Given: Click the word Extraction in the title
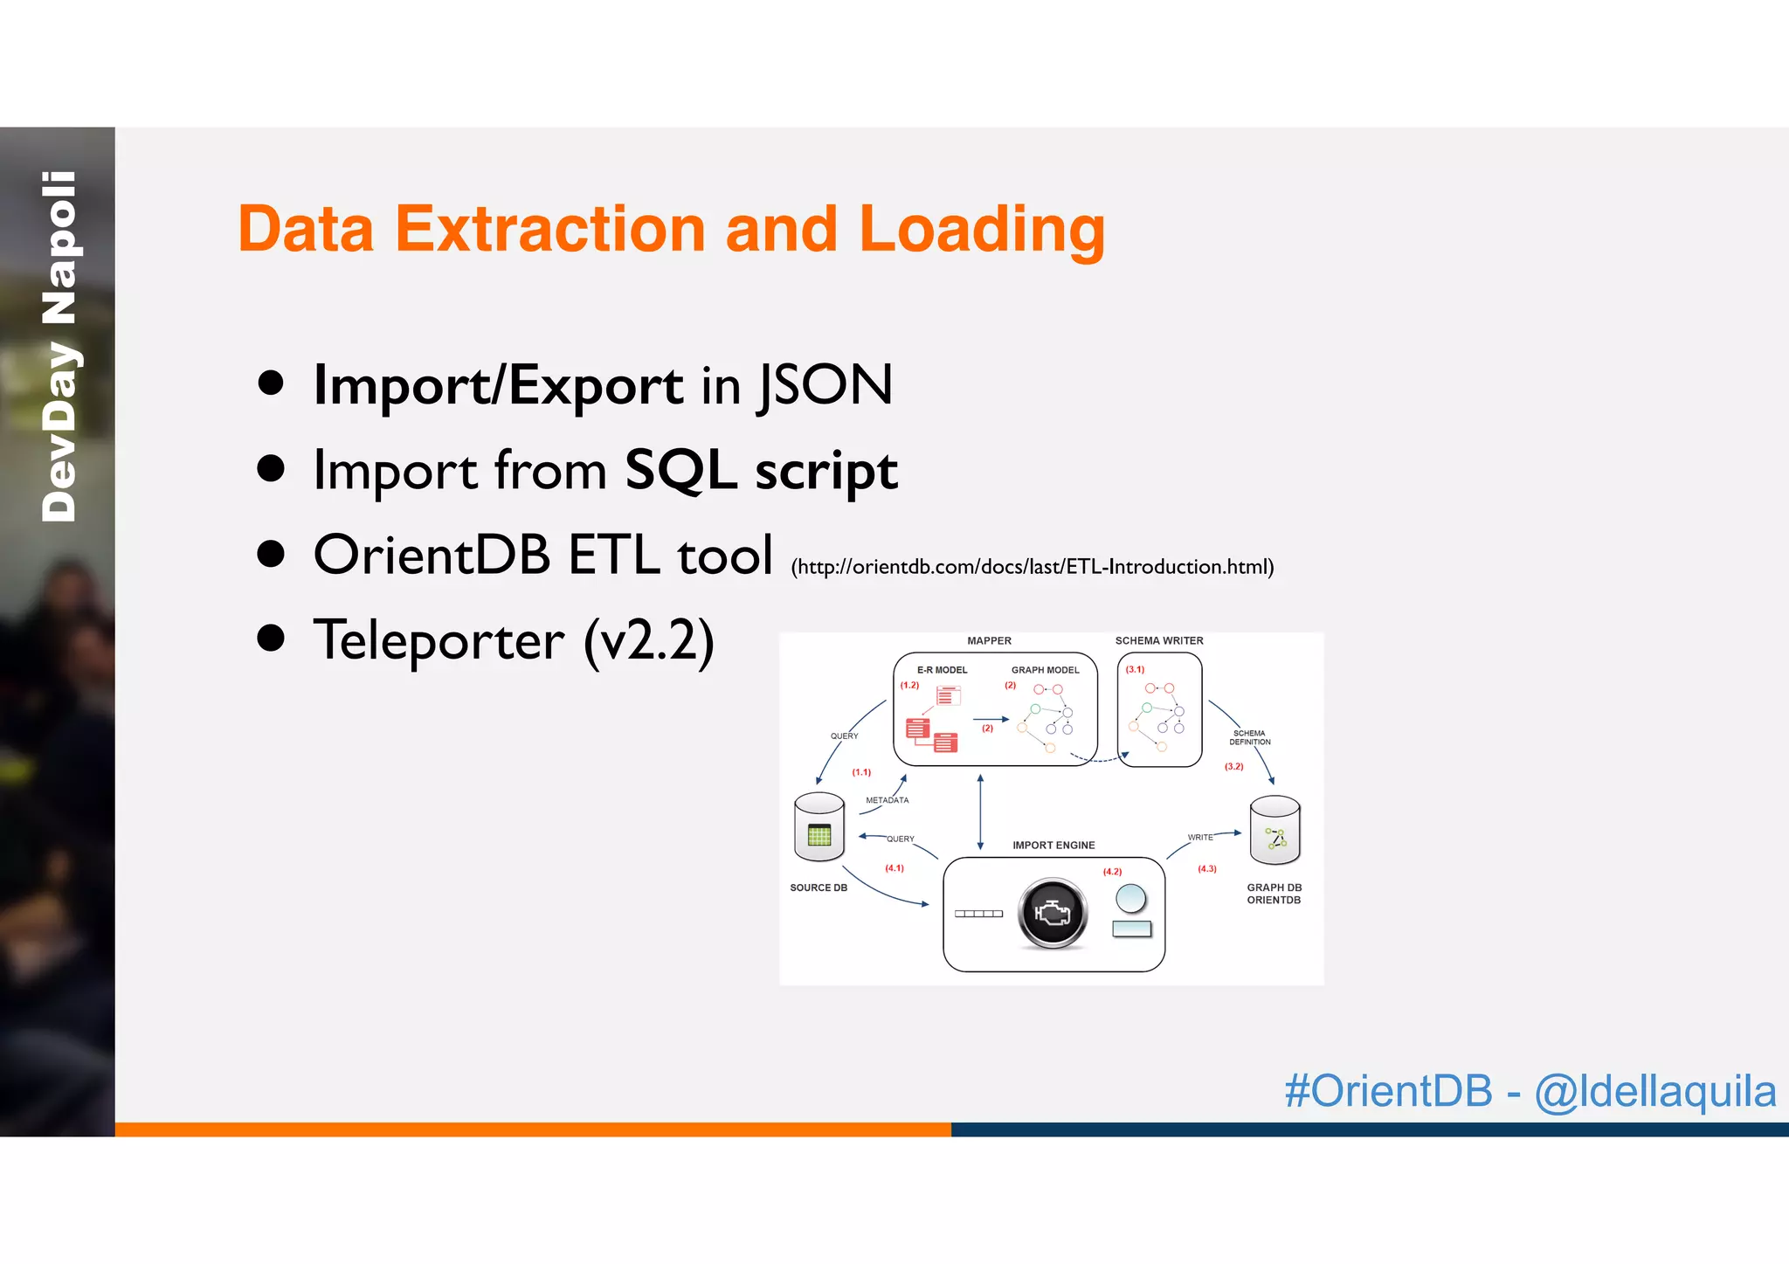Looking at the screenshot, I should pos(549,229).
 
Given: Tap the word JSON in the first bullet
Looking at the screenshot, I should pos(825,385).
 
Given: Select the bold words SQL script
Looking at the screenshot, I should pos(761,471).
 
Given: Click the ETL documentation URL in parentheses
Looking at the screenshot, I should pos(1032,567).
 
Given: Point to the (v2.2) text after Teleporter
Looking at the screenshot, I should pos(649,640).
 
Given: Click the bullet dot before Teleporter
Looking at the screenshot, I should pos(271,639).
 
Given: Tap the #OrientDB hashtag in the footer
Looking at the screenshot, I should pos(1388,1091).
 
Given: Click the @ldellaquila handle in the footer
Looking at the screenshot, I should pos(1654,1091).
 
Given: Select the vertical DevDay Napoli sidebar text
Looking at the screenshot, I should pos(59,347).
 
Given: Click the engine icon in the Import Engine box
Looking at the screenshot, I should pos(1053,913).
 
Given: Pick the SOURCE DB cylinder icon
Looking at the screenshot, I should pos(819,829).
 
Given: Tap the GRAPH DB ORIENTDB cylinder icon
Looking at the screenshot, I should pos(1274,831).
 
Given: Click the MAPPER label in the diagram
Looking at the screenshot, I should pos(989,640).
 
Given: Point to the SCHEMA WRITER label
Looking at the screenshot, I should pos(1158,640).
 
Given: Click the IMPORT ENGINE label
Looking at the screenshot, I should pos(1053,845).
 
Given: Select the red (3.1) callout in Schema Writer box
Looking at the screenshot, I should pos(1134,669).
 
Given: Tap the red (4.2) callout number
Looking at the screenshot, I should pos(1111,872).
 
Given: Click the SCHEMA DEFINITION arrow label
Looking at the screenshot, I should pos(1249,737).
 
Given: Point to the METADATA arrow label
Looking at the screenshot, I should pos(887,800).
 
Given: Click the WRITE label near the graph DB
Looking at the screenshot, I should pos(1199,837).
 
